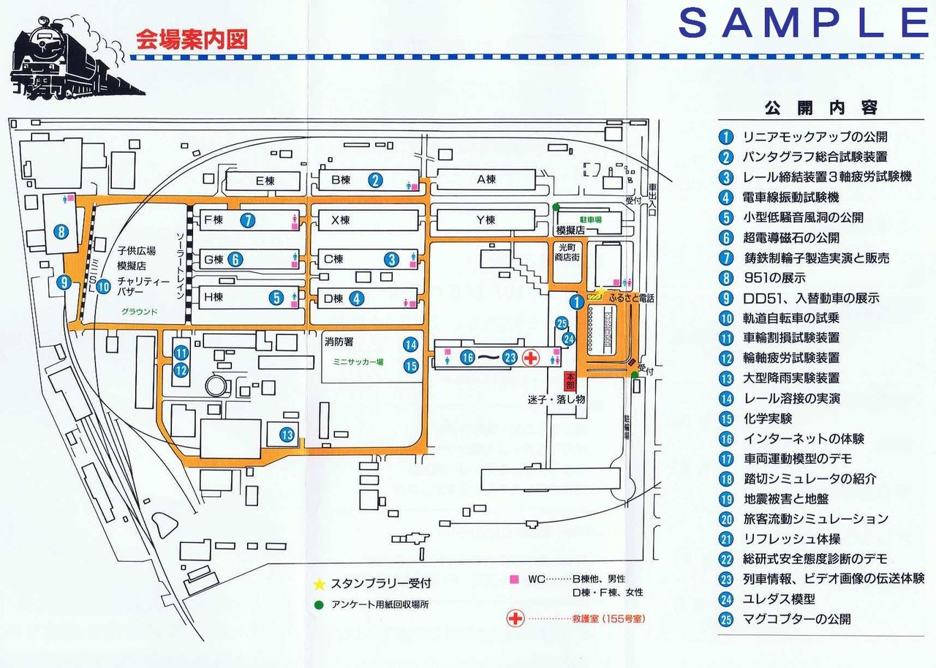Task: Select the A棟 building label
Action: (x=486, y=179)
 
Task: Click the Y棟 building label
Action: (x=486, y=219)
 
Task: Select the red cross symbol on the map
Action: (x=532, y=357)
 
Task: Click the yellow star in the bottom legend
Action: (x=318, y=584)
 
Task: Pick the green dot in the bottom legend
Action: (x=318, y=604)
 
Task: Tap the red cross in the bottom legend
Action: (x=516, y=618)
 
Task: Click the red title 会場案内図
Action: (x=192, y=40)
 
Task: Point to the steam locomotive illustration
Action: (x=77, y=57)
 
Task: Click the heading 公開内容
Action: (x=820, y=108)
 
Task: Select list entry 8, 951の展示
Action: (x=774, y=278)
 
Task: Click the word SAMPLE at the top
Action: (x=802, y=24)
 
